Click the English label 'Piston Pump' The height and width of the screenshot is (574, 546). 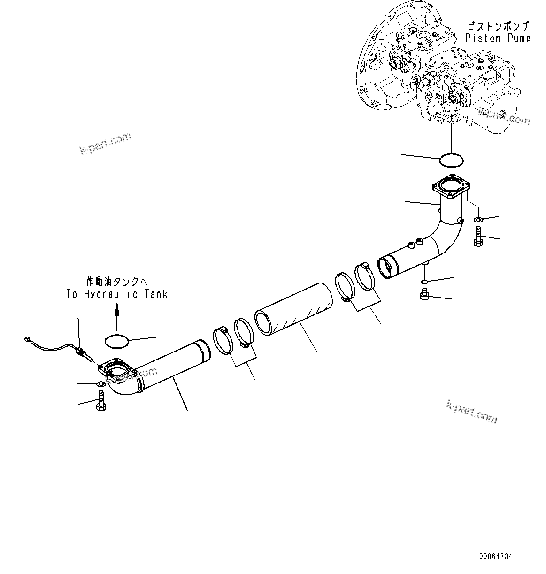pos(498,38)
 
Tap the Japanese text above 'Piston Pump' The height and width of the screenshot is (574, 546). pos(498,26)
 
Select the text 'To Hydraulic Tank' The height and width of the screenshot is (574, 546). pos(117,294)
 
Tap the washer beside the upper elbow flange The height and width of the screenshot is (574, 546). pos(478,220)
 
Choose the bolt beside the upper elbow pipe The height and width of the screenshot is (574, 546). pos(478,236)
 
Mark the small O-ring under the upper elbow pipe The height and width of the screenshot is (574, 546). pos(424,282)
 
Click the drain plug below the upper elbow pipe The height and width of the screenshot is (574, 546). pos(424,295)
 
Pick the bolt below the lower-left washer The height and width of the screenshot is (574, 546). pos(100,403)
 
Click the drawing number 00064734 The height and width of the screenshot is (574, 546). pos(496,557)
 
